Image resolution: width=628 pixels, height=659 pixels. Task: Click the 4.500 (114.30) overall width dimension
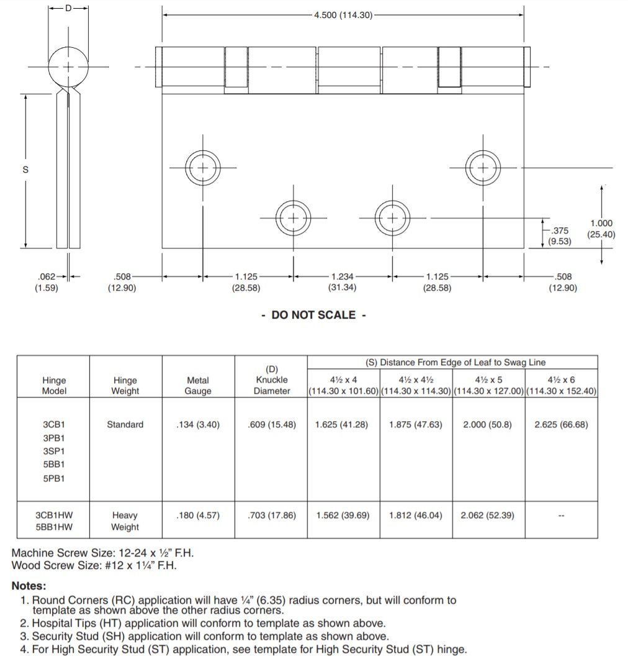pyautogui.click(x=343, y=16)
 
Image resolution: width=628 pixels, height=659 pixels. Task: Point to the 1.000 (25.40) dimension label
pyautogui.click(x=600, y=229)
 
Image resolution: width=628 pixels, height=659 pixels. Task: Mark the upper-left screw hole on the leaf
pyautogui.click(x=203, y=168)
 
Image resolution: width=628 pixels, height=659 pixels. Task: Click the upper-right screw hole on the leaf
pyautogui.click(x=483, y=168)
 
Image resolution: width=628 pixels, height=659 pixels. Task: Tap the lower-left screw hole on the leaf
pyautogui.click(x=293, y=218)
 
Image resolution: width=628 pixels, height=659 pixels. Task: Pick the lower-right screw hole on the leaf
pyautogui.click(x=392, y=218)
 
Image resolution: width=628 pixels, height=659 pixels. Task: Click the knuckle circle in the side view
pyautogui.click(x=68, y=66)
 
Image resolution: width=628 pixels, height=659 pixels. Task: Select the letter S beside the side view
pyautogui.click(x=25, y=170)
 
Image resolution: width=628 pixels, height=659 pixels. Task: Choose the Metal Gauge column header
pyautogui.click(x=198, y=386)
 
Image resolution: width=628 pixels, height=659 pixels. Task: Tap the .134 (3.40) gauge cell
pyautogui.click(x=198, y=425)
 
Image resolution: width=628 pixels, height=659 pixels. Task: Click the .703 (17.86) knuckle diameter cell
pyautogui.click(x=271, y=516)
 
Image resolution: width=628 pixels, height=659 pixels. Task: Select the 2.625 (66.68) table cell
pyautogui.click(x=561, y=425)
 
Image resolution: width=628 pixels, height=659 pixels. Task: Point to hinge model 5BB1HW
pyautogui.click(x=53, y=527)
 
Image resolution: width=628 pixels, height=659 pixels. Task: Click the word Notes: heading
pyautogui.click(x=29, y=586)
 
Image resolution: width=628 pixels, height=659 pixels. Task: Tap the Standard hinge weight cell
pyautogui.click(x=125, y=425)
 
